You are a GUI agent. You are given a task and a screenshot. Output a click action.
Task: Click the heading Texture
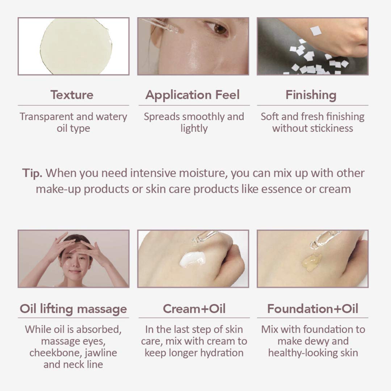pos(72,95)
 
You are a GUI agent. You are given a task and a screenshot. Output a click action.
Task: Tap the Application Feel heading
pos(193,95)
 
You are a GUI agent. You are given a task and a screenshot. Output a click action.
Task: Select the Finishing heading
pos(311,95)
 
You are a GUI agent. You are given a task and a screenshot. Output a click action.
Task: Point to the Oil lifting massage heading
pos(73,309)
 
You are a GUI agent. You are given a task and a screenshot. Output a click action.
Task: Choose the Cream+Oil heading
pos(194,309)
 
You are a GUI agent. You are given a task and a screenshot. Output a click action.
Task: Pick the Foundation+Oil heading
pos(313,309)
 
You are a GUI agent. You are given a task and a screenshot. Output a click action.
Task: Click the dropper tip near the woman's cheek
pos(176,30)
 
